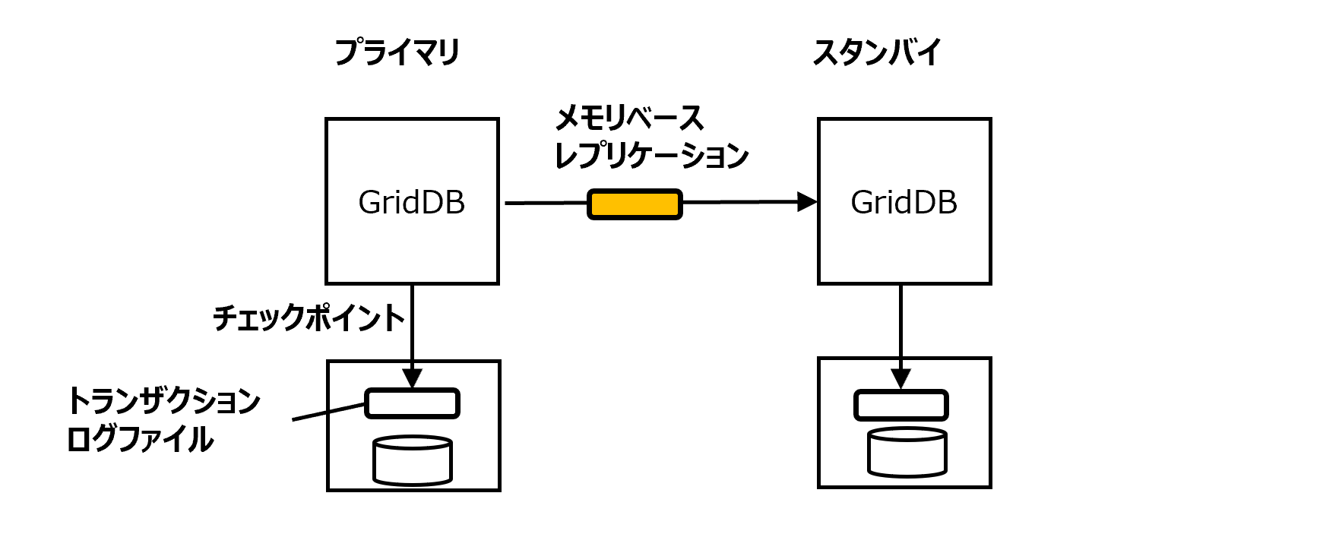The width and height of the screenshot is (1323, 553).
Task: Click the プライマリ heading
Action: tap(397, 52)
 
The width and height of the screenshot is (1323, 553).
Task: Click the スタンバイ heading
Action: tap(876, 52)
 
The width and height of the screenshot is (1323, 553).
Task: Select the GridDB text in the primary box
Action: tap(411, 202)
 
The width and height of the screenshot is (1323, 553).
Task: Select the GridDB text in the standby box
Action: tap(904, 202)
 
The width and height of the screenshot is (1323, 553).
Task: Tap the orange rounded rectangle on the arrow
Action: tap(635, 204)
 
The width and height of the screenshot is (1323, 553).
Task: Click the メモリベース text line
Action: tap(629, 118)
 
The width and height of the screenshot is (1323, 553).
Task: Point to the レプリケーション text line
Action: tap(652, 156)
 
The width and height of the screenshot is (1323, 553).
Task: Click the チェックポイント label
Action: tap(308, 318)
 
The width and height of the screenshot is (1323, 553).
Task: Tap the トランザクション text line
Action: tap(163, 400)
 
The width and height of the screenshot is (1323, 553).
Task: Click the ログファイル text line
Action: tap(140, 439)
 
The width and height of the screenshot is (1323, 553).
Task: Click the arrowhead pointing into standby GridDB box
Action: tap(806, 202)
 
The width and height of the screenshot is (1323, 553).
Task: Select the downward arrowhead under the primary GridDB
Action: tap(412, 378)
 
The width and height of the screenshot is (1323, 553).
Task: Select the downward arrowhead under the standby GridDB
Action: tap(900, 378)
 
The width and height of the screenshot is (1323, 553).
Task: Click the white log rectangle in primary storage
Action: tap(412, 403)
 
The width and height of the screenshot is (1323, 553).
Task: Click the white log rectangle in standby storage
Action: tap(900, 405)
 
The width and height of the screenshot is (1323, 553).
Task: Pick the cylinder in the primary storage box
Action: tap(413, 460)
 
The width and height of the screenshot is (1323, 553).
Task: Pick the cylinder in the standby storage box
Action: tap(907, 453)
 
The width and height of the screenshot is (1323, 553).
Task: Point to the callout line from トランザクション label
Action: tap(328, 412)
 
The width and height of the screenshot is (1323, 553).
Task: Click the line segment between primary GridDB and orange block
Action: tap(546, 203)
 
